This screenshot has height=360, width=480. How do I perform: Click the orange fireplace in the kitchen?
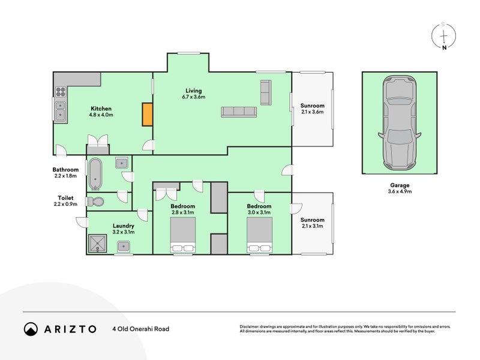point(147,114)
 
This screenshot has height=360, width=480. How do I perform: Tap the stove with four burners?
point(61,92)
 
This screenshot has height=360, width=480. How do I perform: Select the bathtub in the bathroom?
point(95,174)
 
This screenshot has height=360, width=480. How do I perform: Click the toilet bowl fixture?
point(96,202)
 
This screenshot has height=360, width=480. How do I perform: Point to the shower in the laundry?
point(98,244)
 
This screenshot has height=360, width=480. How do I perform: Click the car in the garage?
point(400,123)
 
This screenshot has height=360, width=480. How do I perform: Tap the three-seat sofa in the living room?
point(239,112)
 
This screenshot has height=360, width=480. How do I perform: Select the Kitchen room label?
point(101,109)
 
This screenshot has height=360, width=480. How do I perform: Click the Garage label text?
point(400,185)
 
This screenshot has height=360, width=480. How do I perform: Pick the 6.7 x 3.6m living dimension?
point(193,97)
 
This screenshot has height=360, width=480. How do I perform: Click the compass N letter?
point(444,47)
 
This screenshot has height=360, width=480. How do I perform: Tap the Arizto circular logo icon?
point(31,329)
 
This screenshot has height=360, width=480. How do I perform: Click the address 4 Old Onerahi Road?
point(141,329)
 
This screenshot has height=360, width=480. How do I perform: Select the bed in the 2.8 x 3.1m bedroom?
point(183,235)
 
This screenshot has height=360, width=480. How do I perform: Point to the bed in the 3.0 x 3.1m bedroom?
point(260,235)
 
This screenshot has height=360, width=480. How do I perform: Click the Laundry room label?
point(124,226)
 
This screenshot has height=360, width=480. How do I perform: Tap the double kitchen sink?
point(61,111)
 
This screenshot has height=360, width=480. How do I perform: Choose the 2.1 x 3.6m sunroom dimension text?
point(312,112)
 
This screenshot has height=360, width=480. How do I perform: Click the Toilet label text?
point(65,198)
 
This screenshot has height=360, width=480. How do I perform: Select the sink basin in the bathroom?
point(122,163)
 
